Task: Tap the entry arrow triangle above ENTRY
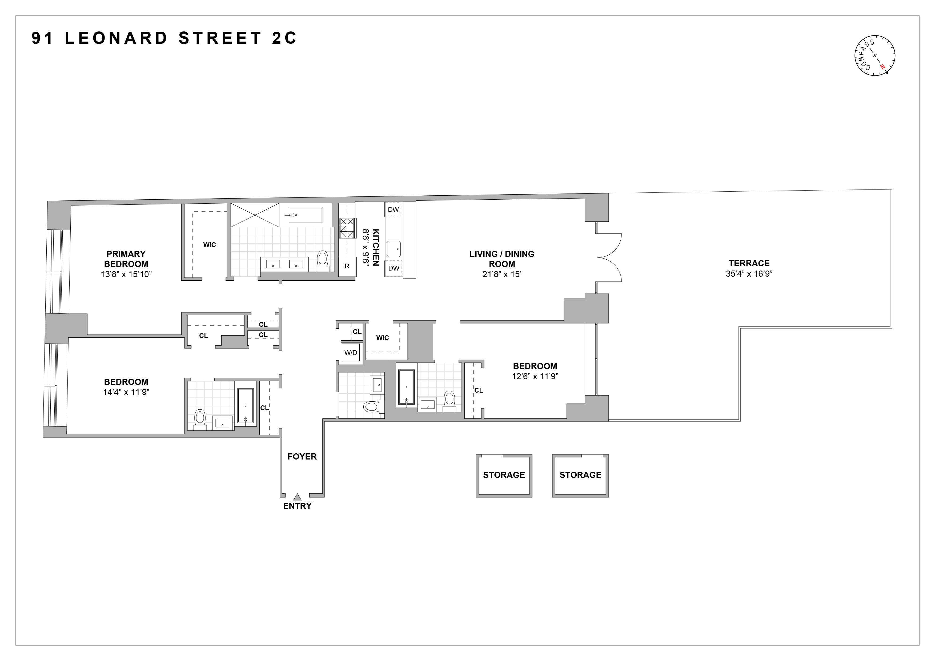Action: (297, 497)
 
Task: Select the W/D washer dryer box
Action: (351, 353)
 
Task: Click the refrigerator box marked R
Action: (347, 267)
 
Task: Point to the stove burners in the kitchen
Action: (347, 228)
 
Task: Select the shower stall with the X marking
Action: (255, 215)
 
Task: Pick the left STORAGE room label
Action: (504, 475)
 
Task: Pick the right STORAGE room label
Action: (580, 475)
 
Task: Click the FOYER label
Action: (302, 457)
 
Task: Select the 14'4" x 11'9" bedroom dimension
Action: (126, 392)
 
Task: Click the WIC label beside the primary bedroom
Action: (209, 245)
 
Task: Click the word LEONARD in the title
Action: (117, 38)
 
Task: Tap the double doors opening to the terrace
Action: (609, 257)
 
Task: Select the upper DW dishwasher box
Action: (394, 209)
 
